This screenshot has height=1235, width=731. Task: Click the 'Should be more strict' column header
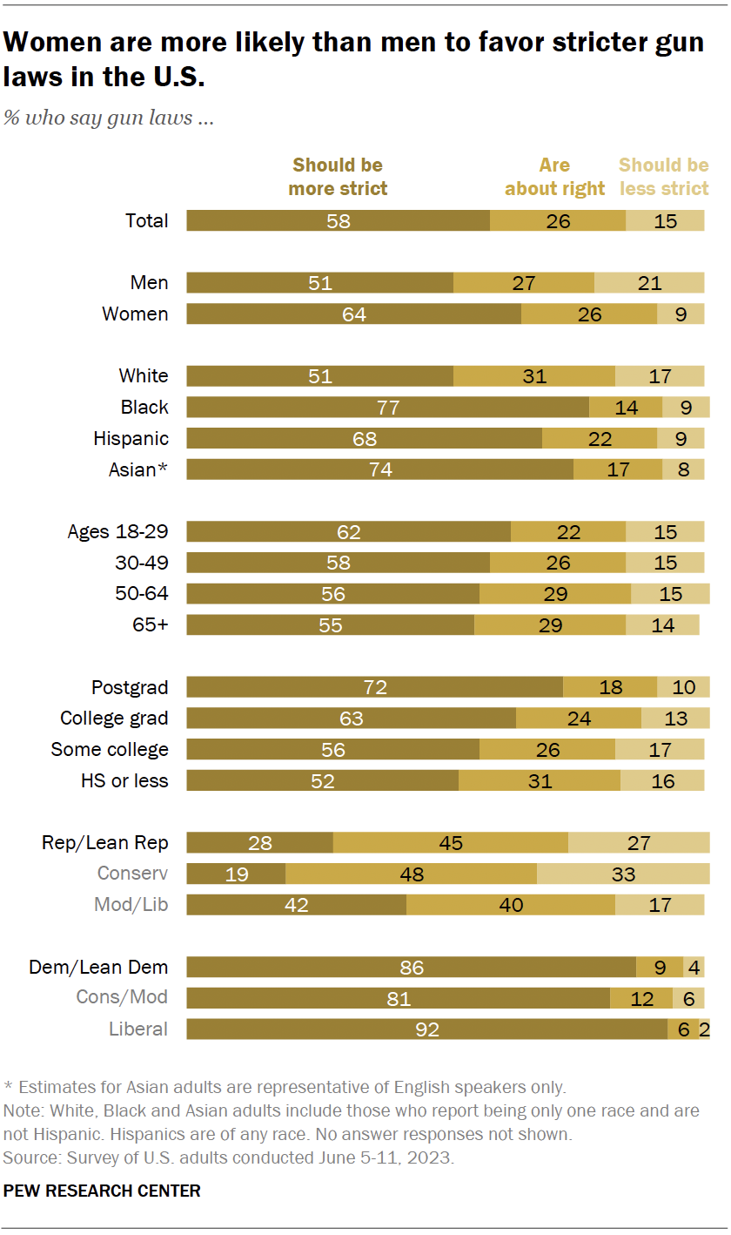pos(338,177)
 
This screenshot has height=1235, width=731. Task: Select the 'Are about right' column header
pos(554,177)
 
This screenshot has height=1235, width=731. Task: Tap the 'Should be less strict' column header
pos(663,177)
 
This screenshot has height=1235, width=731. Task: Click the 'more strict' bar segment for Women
pos(353,314)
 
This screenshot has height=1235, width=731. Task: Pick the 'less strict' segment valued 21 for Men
pos(648,283)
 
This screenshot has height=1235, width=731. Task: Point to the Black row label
pos(144,408)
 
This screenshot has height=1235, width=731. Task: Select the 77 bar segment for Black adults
pos(387,408)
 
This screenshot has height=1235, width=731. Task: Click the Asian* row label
pos(138,470)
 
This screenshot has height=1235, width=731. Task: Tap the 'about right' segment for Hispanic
pos(599,439)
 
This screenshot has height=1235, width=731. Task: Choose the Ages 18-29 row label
pos(118,532)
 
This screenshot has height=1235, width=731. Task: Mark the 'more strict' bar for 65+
pos(330,625)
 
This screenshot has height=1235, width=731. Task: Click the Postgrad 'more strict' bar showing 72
pos(374,688)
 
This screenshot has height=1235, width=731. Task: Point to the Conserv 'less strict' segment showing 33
pos(623,874)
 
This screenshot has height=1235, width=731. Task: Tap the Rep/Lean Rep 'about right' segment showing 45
pos(450,843)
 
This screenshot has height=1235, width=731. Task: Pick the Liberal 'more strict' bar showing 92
pos(426,1029)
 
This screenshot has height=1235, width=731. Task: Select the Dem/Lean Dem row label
pos(98,968)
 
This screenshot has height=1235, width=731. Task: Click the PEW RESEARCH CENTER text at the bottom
pos(102,1191)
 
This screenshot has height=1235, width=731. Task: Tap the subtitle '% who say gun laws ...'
pos(109,118)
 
